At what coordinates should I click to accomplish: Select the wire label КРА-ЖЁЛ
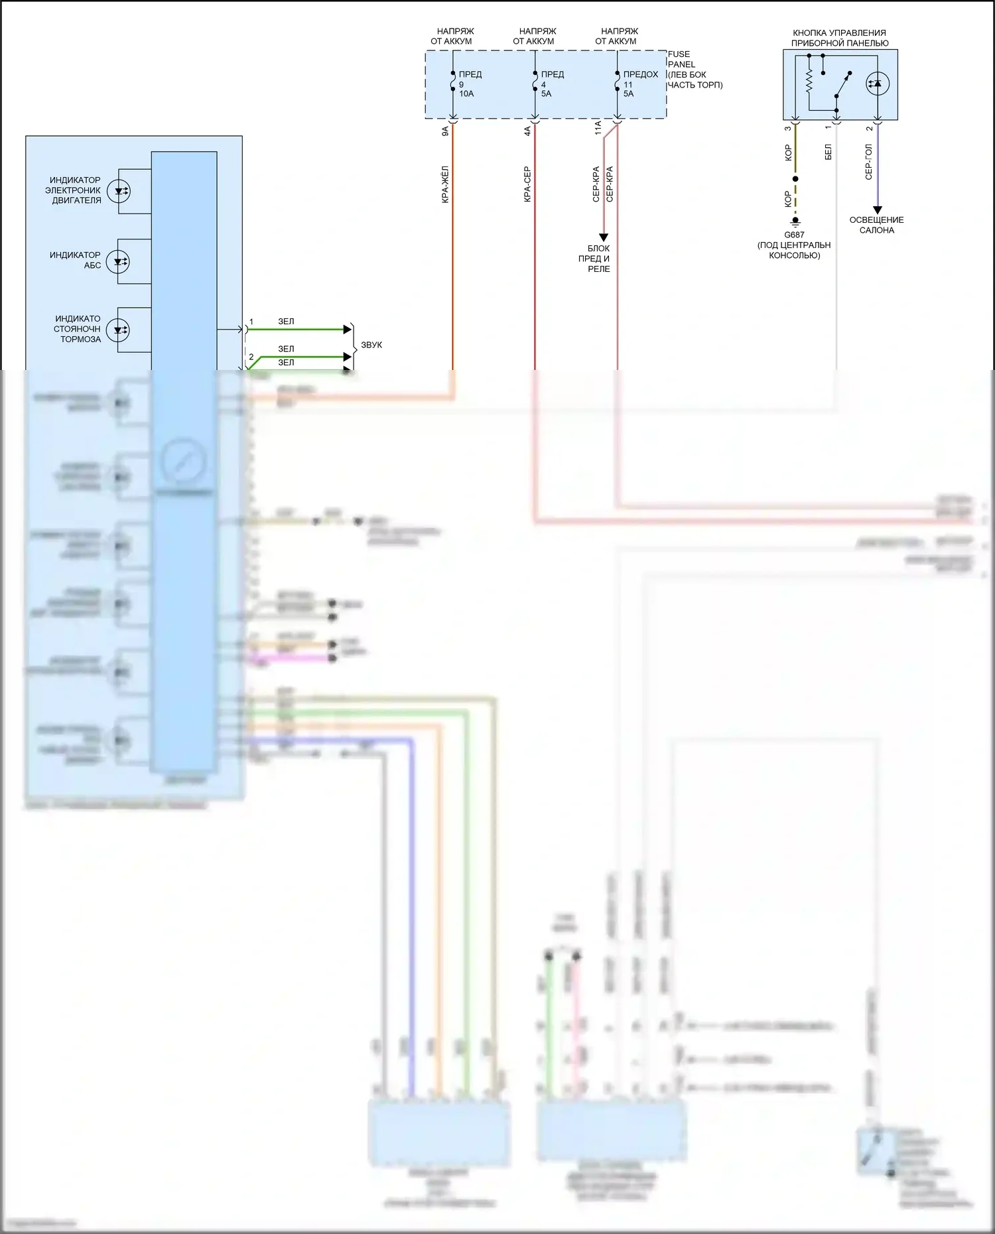point(445,184)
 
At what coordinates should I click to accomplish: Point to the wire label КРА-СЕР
point(527,184)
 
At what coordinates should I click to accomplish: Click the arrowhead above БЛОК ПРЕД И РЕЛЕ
point(604,237)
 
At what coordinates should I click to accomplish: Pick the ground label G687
point(794,235)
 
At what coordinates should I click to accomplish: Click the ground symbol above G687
point(795,222)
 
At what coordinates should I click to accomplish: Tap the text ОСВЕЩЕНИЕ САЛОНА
point(876,225)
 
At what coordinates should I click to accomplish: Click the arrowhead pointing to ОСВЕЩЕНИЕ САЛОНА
point(878,210)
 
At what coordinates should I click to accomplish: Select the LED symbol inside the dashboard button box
point(878,84)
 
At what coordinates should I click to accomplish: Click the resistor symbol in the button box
point(809,82)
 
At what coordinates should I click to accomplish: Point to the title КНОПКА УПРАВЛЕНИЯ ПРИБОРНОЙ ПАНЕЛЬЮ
point(839,38)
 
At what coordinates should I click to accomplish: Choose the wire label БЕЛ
point(828,152)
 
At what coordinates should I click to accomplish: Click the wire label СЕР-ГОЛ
point(868,162)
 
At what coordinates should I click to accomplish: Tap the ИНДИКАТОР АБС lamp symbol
point(118,261)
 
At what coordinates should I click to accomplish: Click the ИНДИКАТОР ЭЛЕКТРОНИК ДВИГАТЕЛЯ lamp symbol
point(118,191)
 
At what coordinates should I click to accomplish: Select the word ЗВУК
point(371,345)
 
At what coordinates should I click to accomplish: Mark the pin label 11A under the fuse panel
point(598,127)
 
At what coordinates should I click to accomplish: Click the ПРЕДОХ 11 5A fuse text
point(640,84)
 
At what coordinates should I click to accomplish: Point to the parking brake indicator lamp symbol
point(118,330)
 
